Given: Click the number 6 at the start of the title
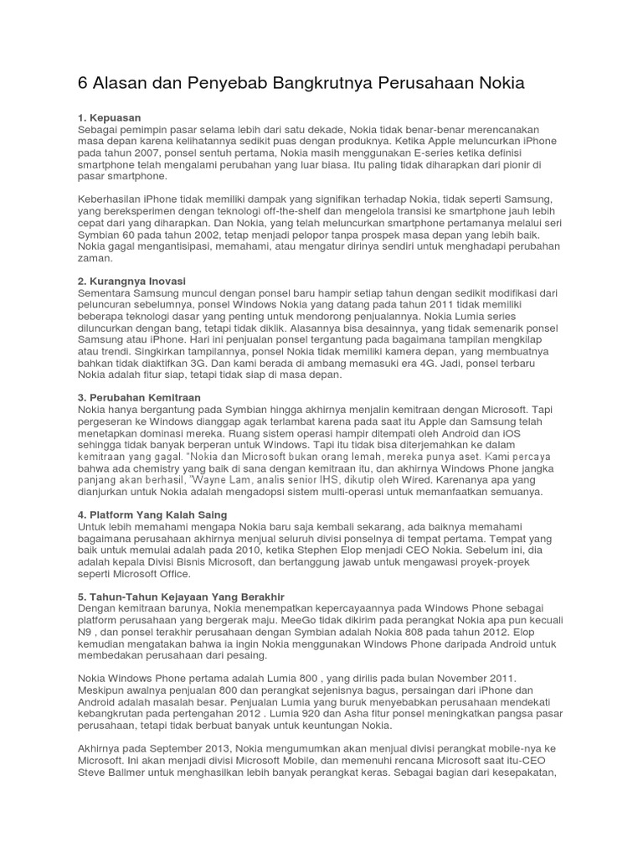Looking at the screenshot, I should tap(83, 83).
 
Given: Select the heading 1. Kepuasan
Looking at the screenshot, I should tap(110, 118).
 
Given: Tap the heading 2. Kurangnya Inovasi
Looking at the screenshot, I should tap(131, 281).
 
